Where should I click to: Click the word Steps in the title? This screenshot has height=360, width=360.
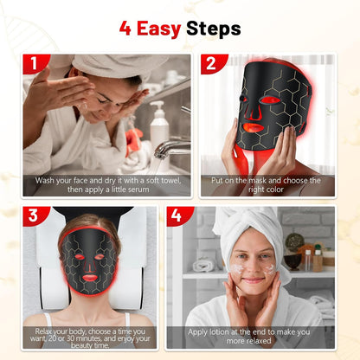[x=213, y=29]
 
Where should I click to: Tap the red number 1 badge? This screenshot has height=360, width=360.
[x=35, y=63]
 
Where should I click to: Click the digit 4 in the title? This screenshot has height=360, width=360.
[x=125, y=29]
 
